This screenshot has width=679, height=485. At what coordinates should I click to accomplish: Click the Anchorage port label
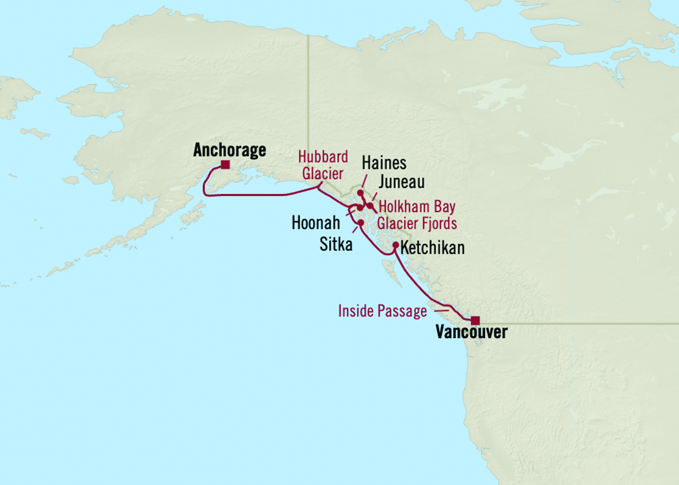coord(230,151)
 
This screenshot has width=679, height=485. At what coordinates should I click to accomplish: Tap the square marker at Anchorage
coord(224,165)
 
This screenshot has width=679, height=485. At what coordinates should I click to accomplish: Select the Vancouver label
coord(471,333)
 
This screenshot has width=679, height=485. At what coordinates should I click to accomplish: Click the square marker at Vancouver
coord(475,320)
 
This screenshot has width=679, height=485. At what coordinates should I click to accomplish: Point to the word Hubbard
coord(323,157)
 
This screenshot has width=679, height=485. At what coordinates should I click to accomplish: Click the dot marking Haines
coord(360,193)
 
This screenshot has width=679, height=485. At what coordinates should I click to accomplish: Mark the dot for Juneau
coord(369,206)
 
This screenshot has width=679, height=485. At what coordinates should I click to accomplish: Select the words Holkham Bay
coord(417,208)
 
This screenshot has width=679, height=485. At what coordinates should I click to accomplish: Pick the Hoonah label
coord(316,224)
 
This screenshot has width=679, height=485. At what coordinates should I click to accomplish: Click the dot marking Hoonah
coord(359,208)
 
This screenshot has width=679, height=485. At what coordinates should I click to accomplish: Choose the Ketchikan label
coord(433,248)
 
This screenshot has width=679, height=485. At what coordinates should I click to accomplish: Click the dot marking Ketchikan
coord(395,244)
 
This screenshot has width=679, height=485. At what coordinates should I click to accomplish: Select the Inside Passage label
coord(382,312)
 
